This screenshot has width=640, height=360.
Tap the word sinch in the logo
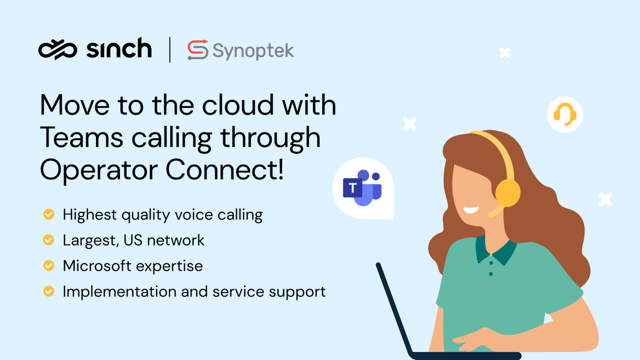[x=118, y=49]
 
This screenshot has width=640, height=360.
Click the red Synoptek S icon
[x=197, y=50]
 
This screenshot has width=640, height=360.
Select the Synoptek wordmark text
[x=253, y=51]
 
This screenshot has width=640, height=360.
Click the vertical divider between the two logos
[x=170, y=50]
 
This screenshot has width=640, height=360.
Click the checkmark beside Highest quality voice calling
[x=49, y=214]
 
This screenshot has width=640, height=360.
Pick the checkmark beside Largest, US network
[x=49, y=240]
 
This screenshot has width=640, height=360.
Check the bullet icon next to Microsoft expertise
[x=49, y=266]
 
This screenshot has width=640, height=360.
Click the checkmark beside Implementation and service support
[x=49, y=291]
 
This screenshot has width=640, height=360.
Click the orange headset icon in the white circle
[x=565, y=114]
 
